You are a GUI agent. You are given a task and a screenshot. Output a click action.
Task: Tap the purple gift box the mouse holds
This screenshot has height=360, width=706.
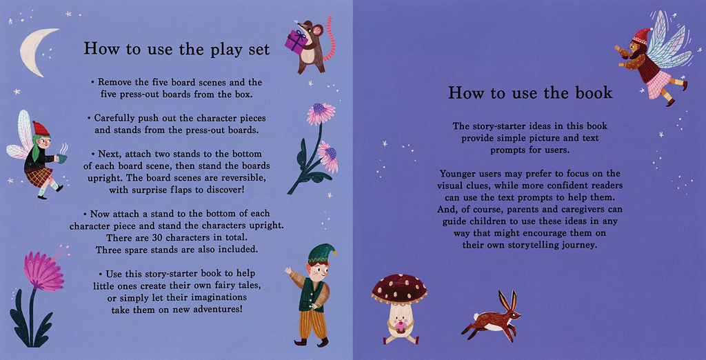(x=296, y=40)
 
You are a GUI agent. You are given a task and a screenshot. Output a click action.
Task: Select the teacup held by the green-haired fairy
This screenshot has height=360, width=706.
(x=61, y=158)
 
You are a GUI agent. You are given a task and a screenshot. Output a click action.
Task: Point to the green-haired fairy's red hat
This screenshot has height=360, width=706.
(x=41, y=129)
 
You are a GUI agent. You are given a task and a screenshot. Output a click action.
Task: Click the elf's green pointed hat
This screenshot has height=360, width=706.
(x=321, y=254)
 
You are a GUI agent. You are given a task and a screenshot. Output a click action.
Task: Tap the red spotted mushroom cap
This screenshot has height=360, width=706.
(x=399, y=289)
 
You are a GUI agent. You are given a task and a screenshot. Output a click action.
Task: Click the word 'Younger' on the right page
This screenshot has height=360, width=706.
(x=458, y=174)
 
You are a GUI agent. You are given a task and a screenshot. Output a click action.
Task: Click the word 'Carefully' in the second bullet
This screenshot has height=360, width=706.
(x=113, y=119)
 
